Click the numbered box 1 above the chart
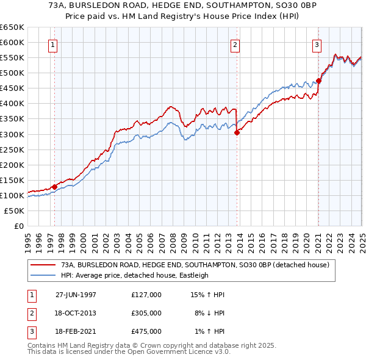tap(52, 44)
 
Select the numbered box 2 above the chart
tap(235, 44)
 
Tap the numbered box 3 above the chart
tap(317, 44)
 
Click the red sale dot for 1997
tap(54, 187)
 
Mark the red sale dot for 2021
tap(318, 81)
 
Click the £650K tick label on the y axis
tap(12, 27)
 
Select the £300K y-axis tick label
tap(12, 134)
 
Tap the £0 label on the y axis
tap(18, 226)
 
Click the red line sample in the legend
tap(43, 265)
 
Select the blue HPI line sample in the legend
tap(43, 275)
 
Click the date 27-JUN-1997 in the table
tap(76, 295)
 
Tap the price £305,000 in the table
tap(146, 313)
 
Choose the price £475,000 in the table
tap(146, 331)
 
